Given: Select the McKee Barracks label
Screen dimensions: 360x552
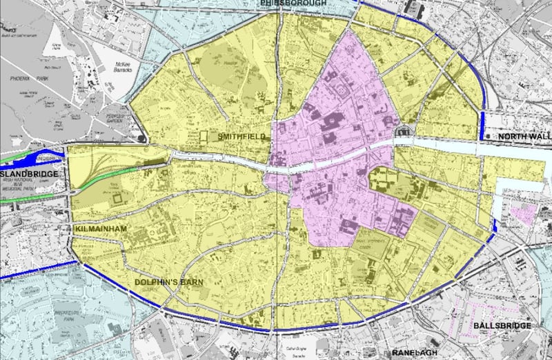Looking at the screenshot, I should point(102,68).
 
